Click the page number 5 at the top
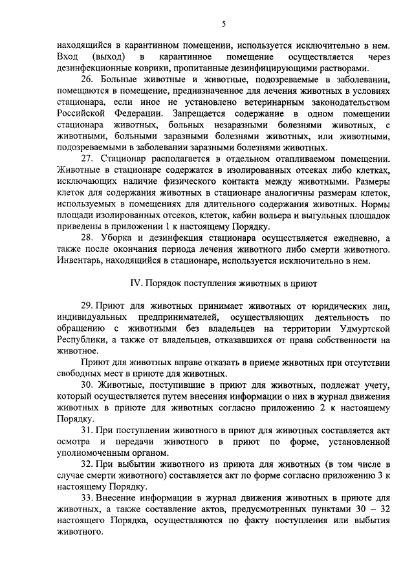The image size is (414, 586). [x=223, y=24]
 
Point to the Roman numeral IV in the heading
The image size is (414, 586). [x=136, y=283]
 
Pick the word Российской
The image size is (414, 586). [x=78, y=113]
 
